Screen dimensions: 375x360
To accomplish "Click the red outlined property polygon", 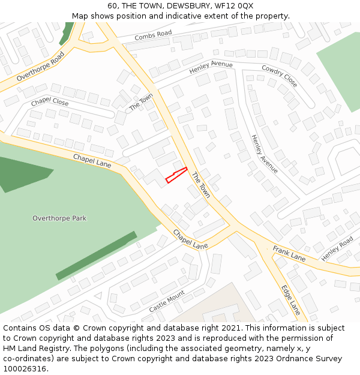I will [x=176, y=175].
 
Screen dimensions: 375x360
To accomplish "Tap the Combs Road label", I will [x=153, y=36].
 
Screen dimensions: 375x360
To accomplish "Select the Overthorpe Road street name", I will [x=40, y=67].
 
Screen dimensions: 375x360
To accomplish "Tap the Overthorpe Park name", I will [x=59, y=218].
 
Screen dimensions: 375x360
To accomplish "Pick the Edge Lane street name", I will [x=291, y=299].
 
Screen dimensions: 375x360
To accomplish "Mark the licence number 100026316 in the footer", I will [x=25, y=369].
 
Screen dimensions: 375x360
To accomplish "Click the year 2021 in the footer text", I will [x=230, y=328].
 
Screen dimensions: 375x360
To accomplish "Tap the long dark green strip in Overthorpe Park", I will [x=96, y=256].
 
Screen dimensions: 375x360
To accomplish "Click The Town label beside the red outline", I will [x=201, y=185].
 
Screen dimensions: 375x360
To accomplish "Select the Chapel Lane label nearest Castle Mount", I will [x=190, y=239].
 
